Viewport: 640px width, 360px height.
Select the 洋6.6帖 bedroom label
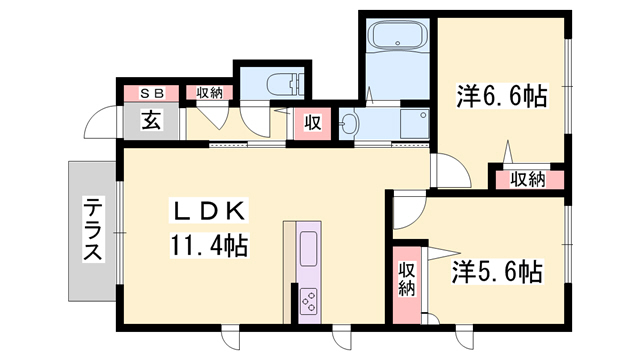tap(500, 97)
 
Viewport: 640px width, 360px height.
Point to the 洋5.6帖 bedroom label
tap(496, 270)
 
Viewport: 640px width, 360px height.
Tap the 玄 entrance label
tap(151, 122)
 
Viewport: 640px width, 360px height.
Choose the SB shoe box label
tap(151, 94)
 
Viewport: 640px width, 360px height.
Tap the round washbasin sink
tap(348, 125)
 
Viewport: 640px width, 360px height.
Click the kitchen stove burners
tap(308, 297)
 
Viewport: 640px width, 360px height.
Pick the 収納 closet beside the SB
tap(208, 94)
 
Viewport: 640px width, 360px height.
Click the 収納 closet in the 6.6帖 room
tap(527, 180)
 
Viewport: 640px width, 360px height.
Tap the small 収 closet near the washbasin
tap(312, 123)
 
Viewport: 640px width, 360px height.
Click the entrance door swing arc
tap(99, 124)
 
